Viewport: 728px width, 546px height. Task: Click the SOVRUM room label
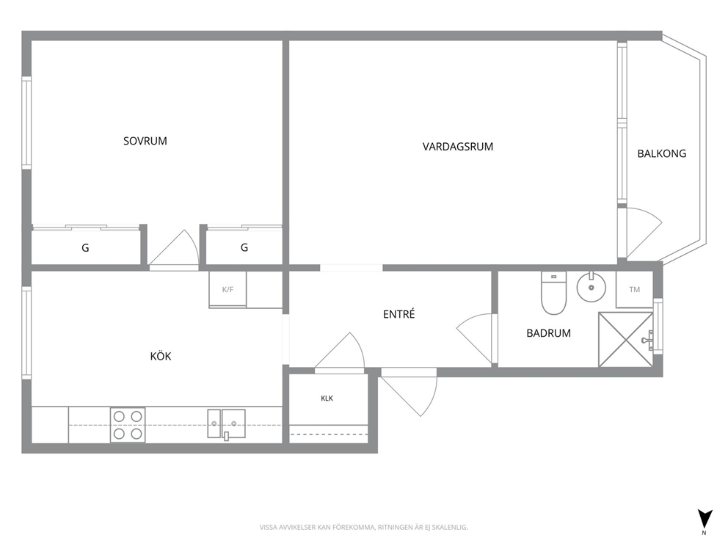[x=145, y=141]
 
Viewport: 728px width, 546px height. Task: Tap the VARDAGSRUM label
[x=458, y=147]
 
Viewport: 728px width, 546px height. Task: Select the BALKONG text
[x=662, y=153]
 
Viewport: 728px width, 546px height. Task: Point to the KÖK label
[x=161, y=356]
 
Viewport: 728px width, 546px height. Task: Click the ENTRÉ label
[x=398, y=314]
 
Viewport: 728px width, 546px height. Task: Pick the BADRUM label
[x=548, y=333]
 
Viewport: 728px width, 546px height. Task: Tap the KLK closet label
[x=327, y=398]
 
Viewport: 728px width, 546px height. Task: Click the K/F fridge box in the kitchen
[x=227, y=289]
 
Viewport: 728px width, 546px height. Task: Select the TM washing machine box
[x=634, y=289]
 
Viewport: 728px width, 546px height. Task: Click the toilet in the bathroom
[x=553, y=293]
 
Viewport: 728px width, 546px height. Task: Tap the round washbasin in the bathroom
[x=591, y=288]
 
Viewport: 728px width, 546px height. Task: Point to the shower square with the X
[x=626, y=339]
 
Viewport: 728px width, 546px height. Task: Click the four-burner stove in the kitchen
[x=128, y=425]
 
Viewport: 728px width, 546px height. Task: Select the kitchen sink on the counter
[x=226, y=423]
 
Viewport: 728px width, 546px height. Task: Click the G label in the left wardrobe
[x=85, y=248]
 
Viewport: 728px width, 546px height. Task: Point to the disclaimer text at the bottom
[x=363, y=528]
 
